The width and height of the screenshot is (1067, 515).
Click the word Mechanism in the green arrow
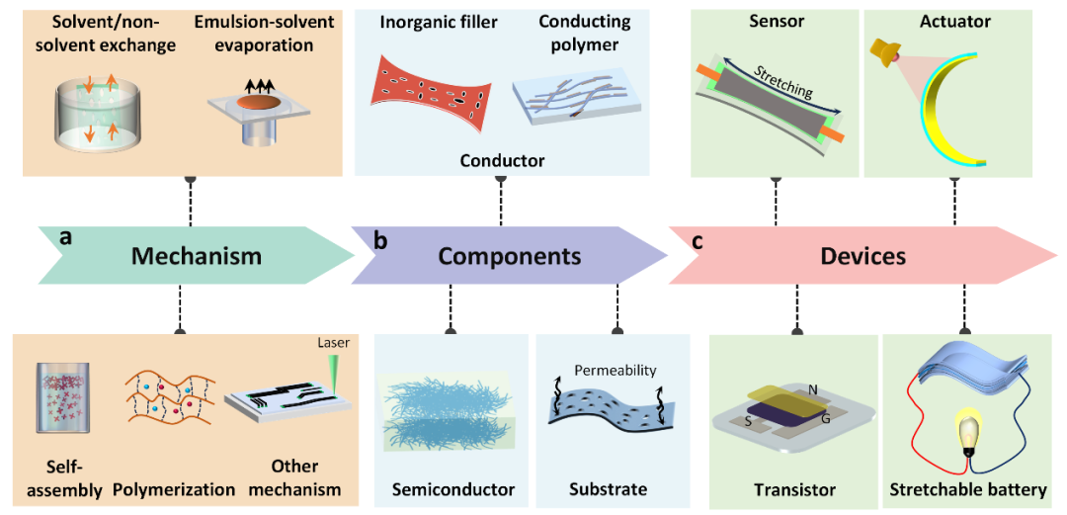[x=197, y=256]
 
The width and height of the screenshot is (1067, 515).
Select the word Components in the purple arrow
[x=510, y=257]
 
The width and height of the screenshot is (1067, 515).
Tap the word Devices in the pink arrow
[x=862, y=256]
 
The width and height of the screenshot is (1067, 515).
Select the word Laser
[x=337, y=344]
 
